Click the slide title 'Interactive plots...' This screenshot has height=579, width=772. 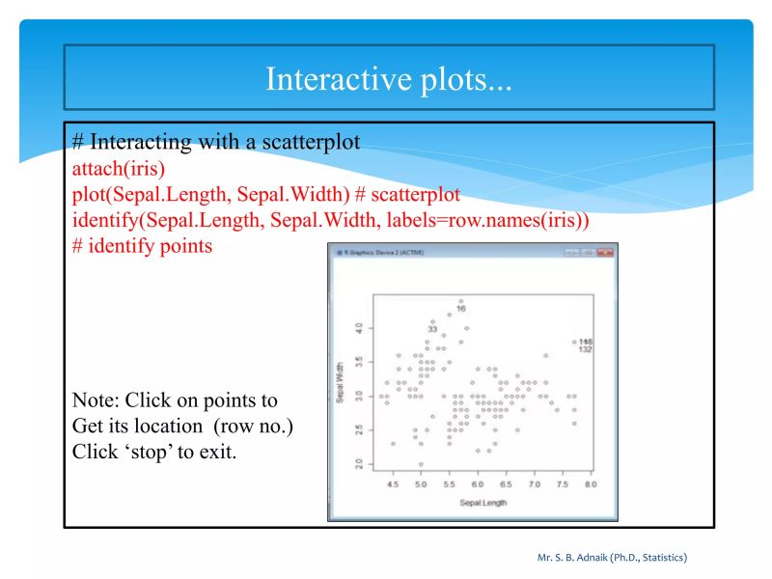coord(389,78)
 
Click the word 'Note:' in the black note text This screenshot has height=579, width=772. coord(96,400)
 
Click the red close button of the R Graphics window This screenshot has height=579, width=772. coord(605,252)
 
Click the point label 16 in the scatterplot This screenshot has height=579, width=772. coord(461,309)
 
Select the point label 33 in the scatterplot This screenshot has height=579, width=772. coord(432,329)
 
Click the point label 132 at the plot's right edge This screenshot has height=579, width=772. coord(585,349)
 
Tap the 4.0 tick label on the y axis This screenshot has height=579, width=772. coord(358,328)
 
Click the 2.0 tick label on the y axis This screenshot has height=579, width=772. coord(358,464)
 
